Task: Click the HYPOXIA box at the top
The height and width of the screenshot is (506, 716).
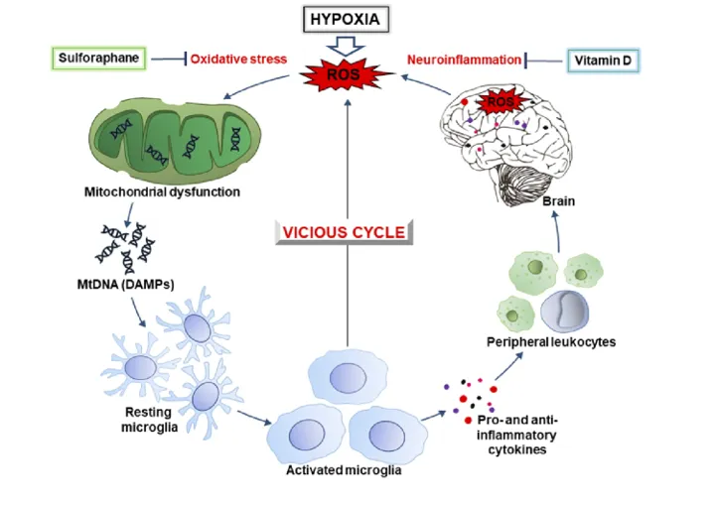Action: point(347,20)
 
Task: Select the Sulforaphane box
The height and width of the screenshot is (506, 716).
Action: point(98,59)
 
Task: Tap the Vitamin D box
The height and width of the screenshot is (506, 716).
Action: point(603,61)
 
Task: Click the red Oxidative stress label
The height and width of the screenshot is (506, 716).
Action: point(238,59)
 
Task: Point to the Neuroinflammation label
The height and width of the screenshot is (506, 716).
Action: point(464,60)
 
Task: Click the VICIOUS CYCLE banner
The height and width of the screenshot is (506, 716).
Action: point(344,232)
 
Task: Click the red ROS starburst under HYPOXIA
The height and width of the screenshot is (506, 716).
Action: point(345,73)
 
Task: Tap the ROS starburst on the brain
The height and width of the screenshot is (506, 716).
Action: point(501,102)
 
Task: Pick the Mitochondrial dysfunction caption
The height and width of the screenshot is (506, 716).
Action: point(162,191)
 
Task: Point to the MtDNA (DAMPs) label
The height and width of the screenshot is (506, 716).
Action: point(125,285)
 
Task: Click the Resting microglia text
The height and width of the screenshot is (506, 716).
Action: point(149,420)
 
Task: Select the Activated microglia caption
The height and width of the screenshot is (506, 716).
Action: point(344,470)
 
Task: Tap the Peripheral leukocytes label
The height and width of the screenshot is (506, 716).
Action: point(551,341)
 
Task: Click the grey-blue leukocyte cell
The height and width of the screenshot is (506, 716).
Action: point(564,313)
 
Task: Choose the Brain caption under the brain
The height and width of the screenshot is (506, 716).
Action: point(558,201)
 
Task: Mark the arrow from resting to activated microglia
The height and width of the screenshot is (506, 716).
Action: point(254,417)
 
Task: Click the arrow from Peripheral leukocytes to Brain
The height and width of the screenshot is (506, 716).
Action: point(557,232)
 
